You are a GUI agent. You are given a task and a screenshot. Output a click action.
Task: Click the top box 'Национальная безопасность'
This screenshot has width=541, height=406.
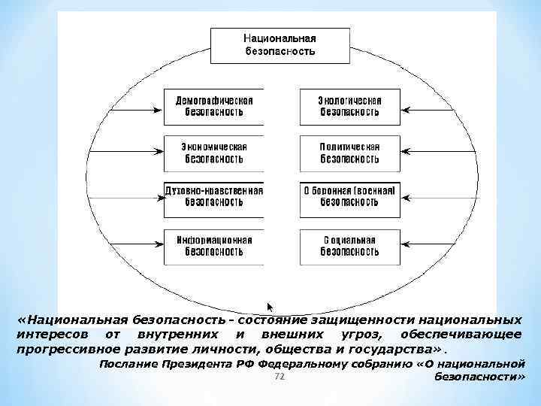280,45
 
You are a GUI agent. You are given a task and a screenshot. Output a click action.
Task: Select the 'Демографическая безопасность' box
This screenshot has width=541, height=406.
214,107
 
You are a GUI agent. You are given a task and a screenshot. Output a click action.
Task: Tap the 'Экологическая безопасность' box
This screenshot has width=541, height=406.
349,107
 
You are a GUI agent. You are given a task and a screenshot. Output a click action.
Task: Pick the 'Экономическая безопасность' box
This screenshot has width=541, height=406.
214,153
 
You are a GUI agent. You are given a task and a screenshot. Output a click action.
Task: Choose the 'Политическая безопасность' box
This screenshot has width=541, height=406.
349,153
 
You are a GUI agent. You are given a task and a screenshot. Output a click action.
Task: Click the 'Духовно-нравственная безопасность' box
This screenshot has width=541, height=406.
214,197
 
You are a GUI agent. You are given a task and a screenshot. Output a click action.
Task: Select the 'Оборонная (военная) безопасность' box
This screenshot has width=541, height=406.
349,197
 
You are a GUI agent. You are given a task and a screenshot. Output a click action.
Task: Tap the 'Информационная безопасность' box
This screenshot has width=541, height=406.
214,246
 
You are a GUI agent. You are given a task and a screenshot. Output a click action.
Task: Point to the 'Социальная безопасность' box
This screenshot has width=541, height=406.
349,246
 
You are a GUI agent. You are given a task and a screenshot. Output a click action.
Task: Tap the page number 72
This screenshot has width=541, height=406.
279,376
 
